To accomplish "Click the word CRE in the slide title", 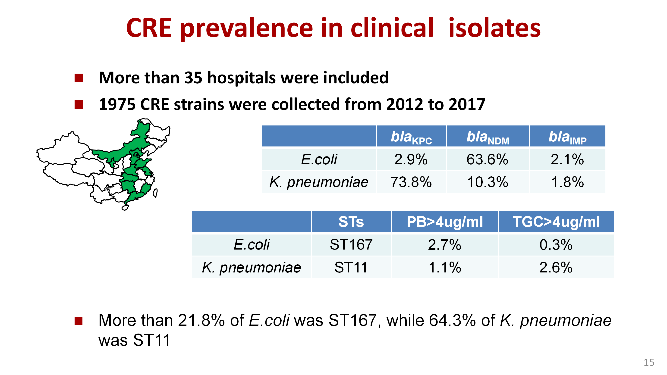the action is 149,28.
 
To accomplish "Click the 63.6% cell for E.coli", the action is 487,159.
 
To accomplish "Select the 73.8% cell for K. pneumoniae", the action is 411,182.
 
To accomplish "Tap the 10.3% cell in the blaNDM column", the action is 488,182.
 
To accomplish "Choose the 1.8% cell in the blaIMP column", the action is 568,182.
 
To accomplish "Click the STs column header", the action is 351,222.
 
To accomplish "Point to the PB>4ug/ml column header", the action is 445,222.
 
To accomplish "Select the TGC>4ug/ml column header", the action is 556,222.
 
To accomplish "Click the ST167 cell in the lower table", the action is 351,245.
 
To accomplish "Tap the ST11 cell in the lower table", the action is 351,267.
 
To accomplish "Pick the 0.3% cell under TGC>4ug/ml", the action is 556,245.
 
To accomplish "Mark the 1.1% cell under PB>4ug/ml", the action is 445,267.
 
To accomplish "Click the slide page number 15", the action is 649,362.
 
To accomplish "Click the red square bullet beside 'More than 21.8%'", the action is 79,321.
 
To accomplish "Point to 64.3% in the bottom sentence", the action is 452,320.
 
